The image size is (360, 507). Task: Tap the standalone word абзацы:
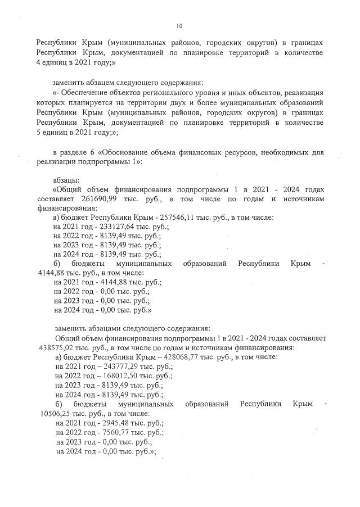point(66,180)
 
